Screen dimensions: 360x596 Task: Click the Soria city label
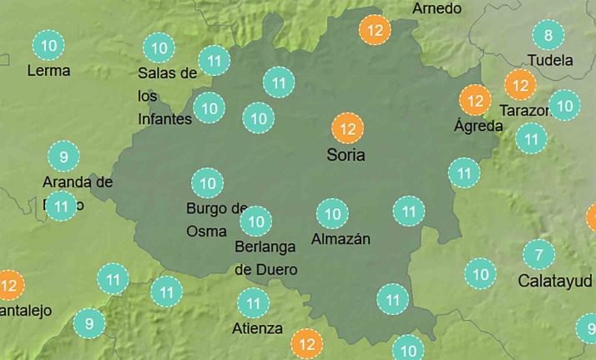tap(346, 155)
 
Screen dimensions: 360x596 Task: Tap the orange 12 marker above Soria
tap(347, 129)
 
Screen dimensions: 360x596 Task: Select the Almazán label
tap(340, 239)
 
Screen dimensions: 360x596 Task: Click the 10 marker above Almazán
tap(333, 215)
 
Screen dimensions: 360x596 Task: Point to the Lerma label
tap(48, 70)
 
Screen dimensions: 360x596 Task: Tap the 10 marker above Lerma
tap(48, 45)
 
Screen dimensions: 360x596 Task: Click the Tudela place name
tap(550, 60)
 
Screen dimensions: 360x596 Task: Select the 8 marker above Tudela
tap(548, 35)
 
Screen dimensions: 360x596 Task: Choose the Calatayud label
tap(555, 280)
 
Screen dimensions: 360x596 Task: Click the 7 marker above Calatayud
tap(538, 254)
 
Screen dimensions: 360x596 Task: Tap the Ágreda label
tap(477, 126)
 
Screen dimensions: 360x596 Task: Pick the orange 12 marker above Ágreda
tap(476, 101)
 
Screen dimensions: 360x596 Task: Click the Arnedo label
tap(437, 8)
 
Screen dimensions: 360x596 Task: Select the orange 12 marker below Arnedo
tap(375, 31)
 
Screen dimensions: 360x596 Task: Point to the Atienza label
tap(257, 328)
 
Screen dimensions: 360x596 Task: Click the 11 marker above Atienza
tap(253, 303)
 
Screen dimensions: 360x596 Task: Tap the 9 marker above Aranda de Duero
tap(63, 155)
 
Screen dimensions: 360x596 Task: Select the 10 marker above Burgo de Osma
tap(207, 182)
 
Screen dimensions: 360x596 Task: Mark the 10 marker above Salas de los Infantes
tap(158, 47)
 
